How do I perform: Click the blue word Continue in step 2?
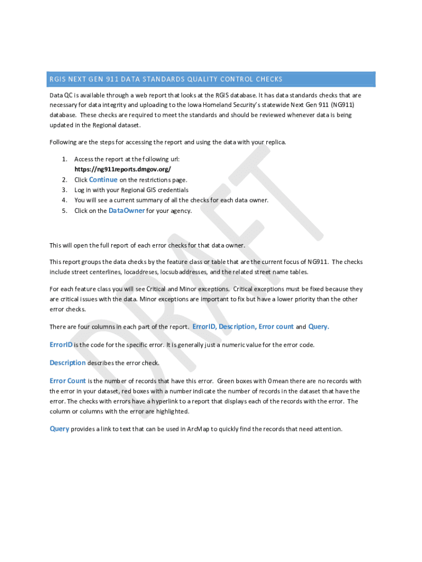(x=103, y=179)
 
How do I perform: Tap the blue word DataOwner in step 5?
(x=127, y=211)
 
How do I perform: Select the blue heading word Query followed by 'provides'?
(x=59, y=429)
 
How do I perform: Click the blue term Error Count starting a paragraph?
(x=67, y=381)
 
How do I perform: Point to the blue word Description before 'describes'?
(x=67, y=363)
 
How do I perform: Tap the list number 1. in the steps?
(x=64, y=159)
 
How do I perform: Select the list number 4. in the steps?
(x=64, y=200)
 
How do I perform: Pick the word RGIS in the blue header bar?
(x=57, y=80)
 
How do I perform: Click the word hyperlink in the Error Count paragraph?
(x=159, y=401)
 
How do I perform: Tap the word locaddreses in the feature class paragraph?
(x=142, y=272)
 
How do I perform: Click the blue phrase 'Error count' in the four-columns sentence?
(x=276, y=327)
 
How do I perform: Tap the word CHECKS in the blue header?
(x=269, y=80)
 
